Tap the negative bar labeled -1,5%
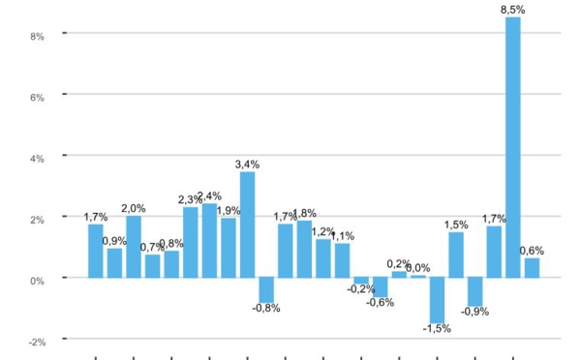(437, 300)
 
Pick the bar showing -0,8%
(266, 290)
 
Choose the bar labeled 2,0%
(134, 247)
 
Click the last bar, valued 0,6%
(532, 268)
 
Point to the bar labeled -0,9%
(474, 291)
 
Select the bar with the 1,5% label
(456, 255)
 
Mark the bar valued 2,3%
(191, 242)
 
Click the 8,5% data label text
(513, 10)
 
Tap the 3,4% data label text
(248, 165)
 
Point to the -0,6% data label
(381, 303)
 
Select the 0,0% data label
(417, 268)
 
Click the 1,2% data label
(323, 232)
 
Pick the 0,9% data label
(114, 241)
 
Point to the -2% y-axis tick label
(38, 341)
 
